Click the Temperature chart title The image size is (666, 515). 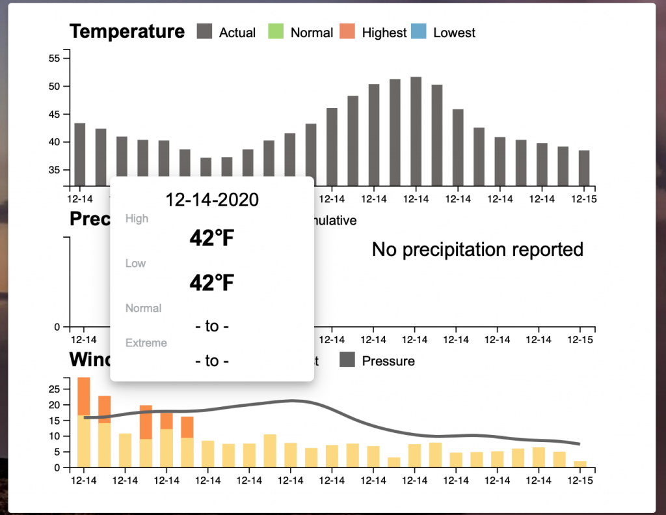[x=127, y=31]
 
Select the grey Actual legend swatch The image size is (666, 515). [x=205, y=32]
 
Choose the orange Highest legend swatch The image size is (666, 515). [x=348, y=32]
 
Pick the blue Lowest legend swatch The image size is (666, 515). [x=419, y=32]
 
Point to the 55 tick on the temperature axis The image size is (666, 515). [x=54, y=59]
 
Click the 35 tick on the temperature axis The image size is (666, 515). [x=54, y=170]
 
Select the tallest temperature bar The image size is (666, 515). [x=416, y=131]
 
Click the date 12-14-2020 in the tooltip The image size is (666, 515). [x=212, y=200]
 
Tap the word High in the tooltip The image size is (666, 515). [x=137, y=219]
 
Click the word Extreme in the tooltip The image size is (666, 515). [x=146, y=343]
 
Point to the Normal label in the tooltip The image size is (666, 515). [x=143, y=308]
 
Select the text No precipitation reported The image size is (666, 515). [x=477, y=249]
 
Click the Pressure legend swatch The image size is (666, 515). [x=347, y=360]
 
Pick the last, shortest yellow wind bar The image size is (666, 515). [x=579, y=464]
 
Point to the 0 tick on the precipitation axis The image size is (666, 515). [x=57, y=327]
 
